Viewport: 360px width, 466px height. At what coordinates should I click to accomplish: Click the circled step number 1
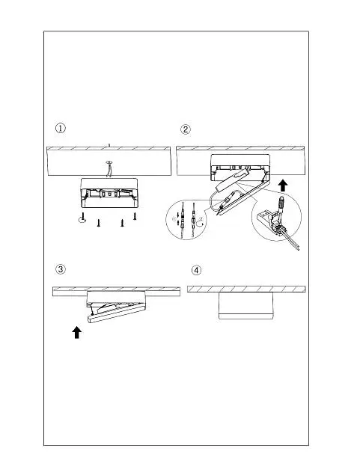[x=61, y=129]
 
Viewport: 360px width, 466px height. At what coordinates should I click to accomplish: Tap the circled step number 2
[x=186, y=129]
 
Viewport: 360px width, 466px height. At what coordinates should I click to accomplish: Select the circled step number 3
[x=61, y=269]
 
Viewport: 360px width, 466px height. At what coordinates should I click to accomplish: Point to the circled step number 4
[x=196, y=271]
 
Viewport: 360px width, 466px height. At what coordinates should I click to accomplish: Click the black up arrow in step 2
[x=284, y=186]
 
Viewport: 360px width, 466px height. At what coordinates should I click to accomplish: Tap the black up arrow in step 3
[x=77, y=332]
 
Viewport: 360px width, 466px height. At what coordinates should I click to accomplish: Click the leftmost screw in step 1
[x=83, y=216]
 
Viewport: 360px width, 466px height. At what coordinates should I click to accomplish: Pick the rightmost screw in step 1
[x=135, y=216]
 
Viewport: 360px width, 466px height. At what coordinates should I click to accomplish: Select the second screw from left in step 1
[x=98, y=223]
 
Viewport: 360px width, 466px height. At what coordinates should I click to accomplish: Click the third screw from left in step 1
[x=122, y=223]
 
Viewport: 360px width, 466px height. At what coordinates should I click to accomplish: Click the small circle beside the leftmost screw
[x=82, y=220]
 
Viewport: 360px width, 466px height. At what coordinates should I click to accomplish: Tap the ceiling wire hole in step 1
[x=109, y=162]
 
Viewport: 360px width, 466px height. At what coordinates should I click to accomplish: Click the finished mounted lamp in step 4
[x=245, y=306]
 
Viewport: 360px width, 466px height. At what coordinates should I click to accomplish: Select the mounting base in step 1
[x=109, y=193]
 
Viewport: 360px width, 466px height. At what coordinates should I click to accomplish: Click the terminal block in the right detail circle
[x=270, y=223]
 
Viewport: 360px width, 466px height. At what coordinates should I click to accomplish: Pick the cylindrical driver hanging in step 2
[x=232, y=180]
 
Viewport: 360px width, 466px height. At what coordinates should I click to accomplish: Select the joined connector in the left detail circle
[x=194, y=220]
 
